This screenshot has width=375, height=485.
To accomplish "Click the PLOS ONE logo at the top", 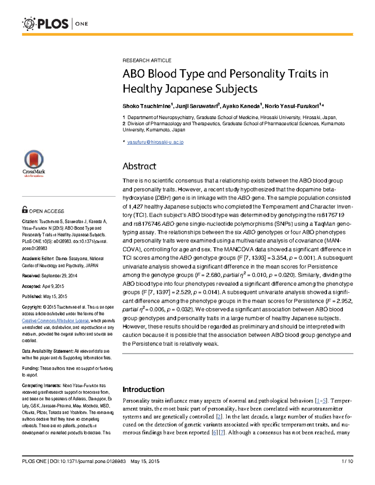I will (x=55, y=24).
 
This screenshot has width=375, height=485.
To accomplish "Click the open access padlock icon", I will (x=25, y=210).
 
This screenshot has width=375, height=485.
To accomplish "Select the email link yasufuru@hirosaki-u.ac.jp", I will (x=155, y=142).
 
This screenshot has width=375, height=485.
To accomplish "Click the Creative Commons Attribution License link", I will (x=55, y=321).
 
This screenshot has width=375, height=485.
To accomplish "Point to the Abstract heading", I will (x=139, y=166).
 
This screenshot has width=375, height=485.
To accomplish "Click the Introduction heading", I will (x=143, y=389).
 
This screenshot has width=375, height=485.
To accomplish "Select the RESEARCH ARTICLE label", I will (x=147, y=60).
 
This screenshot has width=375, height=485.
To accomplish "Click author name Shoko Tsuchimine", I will (x=147, y=106).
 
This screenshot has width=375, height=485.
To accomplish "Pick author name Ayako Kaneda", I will (x=241, y=106).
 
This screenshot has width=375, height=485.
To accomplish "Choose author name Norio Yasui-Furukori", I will (x=291, y=106).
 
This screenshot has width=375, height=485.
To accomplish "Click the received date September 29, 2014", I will (x=59, y=276).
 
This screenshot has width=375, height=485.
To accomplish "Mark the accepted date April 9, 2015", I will (x=53, y=286).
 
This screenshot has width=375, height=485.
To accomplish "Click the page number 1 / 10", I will (x=347, y=461).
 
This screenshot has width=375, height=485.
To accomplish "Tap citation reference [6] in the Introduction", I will (x=214, y=433).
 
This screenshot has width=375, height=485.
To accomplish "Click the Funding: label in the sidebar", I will (x=30, y=368).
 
